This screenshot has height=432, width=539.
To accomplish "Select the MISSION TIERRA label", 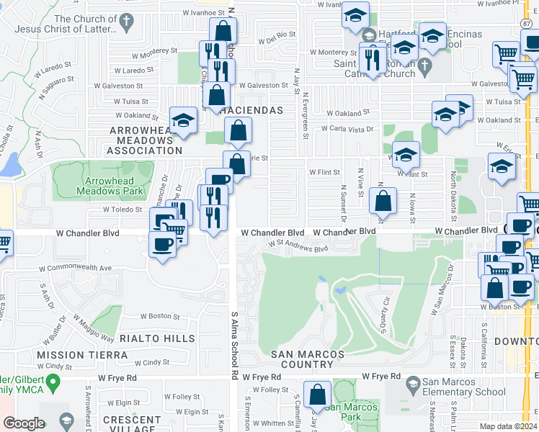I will click(x=82, y=355).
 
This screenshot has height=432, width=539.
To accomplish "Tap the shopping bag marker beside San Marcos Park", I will click(x=316, y=395).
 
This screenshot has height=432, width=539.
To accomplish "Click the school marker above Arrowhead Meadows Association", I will click(x=183, y=120).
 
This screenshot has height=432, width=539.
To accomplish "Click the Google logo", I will click(x=24, y=423).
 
